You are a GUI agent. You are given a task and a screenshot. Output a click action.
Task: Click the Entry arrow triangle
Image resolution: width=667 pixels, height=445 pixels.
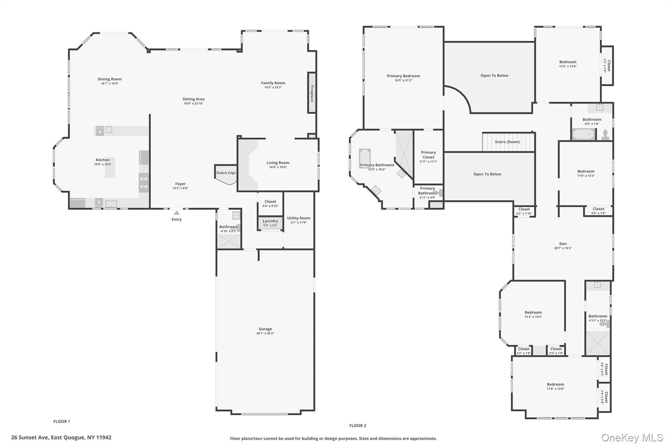[176, 213]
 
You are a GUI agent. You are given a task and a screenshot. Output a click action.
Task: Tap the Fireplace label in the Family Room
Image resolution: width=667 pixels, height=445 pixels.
[312, 93]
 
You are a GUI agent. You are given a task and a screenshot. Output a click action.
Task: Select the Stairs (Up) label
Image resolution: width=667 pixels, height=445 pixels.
[226, 173]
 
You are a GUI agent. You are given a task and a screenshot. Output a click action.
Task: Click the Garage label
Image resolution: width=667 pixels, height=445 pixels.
[265, 329]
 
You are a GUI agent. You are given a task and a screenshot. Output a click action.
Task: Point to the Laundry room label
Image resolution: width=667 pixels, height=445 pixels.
[270, 221]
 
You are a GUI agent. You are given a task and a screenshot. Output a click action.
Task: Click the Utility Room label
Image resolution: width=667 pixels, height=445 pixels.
[298, 218]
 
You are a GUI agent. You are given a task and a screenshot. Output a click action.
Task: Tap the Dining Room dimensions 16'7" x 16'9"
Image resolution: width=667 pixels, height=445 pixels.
[109, 84]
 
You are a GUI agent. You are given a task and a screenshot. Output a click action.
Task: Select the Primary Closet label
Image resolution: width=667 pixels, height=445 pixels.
[428, 155]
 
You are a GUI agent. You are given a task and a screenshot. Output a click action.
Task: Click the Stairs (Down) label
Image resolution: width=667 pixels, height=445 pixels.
[507, 142]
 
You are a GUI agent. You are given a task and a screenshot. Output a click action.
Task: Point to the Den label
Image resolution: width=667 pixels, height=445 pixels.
[563, 244]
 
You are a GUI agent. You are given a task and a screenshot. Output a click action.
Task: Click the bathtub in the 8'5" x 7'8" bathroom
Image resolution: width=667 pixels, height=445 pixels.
[583, 134]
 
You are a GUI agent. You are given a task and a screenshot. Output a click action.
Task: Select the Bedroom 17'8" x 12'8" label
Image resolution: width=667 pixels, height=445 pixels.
[555, 384]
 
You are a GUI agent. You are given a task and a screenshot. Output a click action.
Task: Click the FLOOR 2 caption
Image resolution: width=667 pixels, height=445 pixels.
[358, 425]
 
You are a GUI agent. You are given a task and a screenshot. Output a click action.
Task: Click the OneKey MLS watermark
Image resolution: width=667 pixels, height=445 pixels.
[632, 438]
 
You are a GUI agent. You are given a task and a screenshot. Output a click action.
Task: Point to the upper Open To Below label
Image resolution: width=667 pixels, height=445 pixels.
[494, 76]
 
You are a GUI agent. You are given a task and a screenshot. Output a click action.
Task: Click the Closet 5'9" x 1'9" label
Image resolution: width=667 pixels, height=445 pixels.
[598, 209]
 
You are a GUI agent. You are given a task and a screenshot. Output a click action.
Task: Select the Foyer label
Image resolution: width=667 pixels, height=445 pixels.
[180, 184]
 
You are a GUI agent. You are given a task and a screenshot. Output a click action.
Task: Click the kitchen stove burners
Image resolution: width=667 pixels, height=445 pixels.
[144, 183]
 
